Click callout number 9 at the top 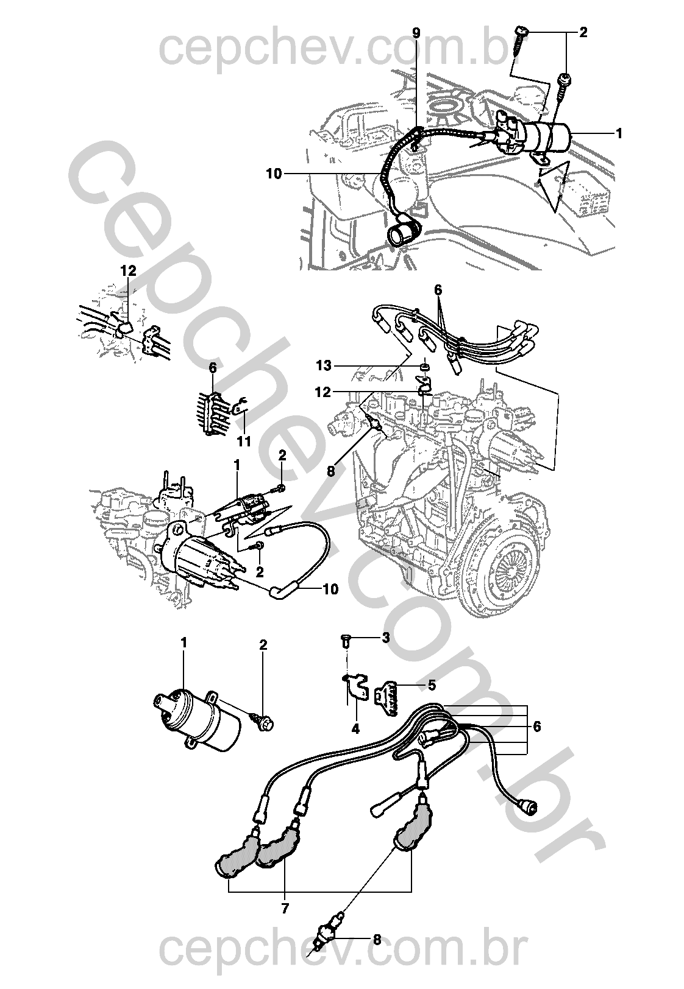[416, 33]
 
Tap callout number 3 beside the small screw [385, 638]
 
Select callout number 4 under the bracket [355, 728]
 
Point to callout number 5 [432, 685]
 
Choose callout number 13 [324, 365]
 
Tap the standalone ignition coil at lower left [194, 719]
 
